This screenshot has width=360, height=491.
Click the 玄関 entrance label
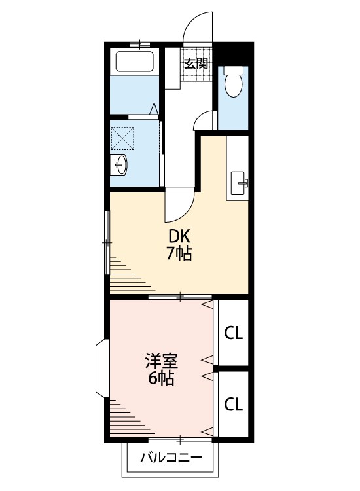[x=196, y=64]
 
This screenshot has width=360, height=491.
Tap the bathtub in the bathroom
[x=135, y=61]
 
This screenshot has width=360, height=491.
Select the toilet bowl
[x=233, y=81]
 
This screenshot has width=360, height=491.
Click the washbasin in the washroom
[x=119, y=165]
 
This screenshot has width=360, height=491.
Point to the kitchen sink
[x=239, y=183]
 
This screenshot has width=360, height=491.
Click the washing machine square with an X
[x=122, y=137]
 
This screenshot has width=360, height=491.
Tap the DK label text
[x=179, y=236]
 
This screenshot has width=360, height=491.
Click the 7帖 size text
[x=179, y=253]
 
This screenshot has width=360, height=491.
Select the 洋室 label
[x=161, y=361]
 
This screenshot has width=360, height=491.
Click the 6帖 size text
[x=161, y=378]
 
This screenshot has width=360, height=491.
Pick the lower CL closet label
[x=233, y=404]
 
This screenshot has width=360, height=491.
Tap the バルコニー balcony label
[x=171, y=458]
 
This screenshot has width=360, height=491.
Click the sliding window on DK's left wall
[x=107, y=243]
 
